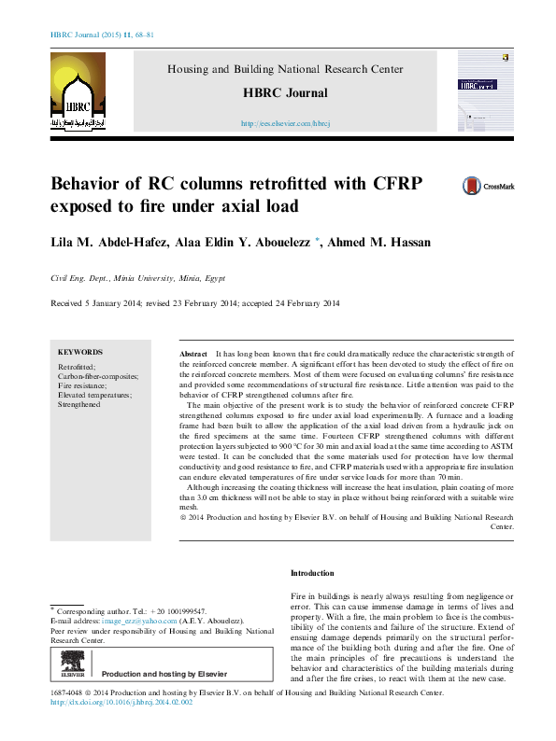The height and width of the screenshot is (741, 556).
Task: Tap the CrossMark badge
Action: [488, 186]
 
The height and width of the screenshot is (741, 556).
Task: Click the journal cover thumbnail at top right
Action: [484, 91]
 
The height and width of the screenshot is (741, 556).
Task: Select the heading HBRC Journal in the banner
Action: [285, 92]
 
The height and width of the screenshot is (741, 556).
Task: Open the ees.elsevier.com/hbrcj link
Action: [285, 123]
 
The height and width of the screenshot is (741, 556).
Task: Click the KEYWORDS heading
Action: [80, 352]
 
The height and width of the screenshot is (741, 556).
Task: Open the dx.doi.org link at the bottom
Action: [121, 703]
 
